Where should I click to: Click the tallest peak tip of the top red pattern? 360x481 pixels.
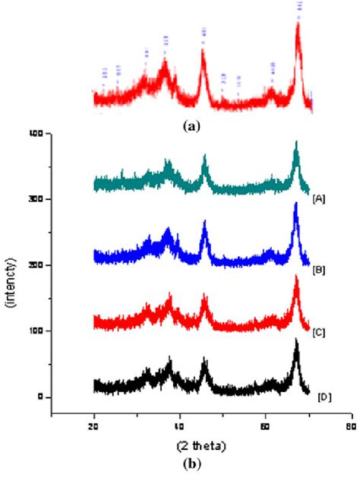[298, 23]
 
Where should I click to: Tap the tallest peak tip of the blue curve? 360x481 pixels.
[295, 204]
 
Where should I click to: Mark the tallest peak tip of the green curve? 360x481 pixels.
[296, 141]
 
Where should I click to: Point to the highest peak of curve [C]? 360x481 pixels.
[296, 276]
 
